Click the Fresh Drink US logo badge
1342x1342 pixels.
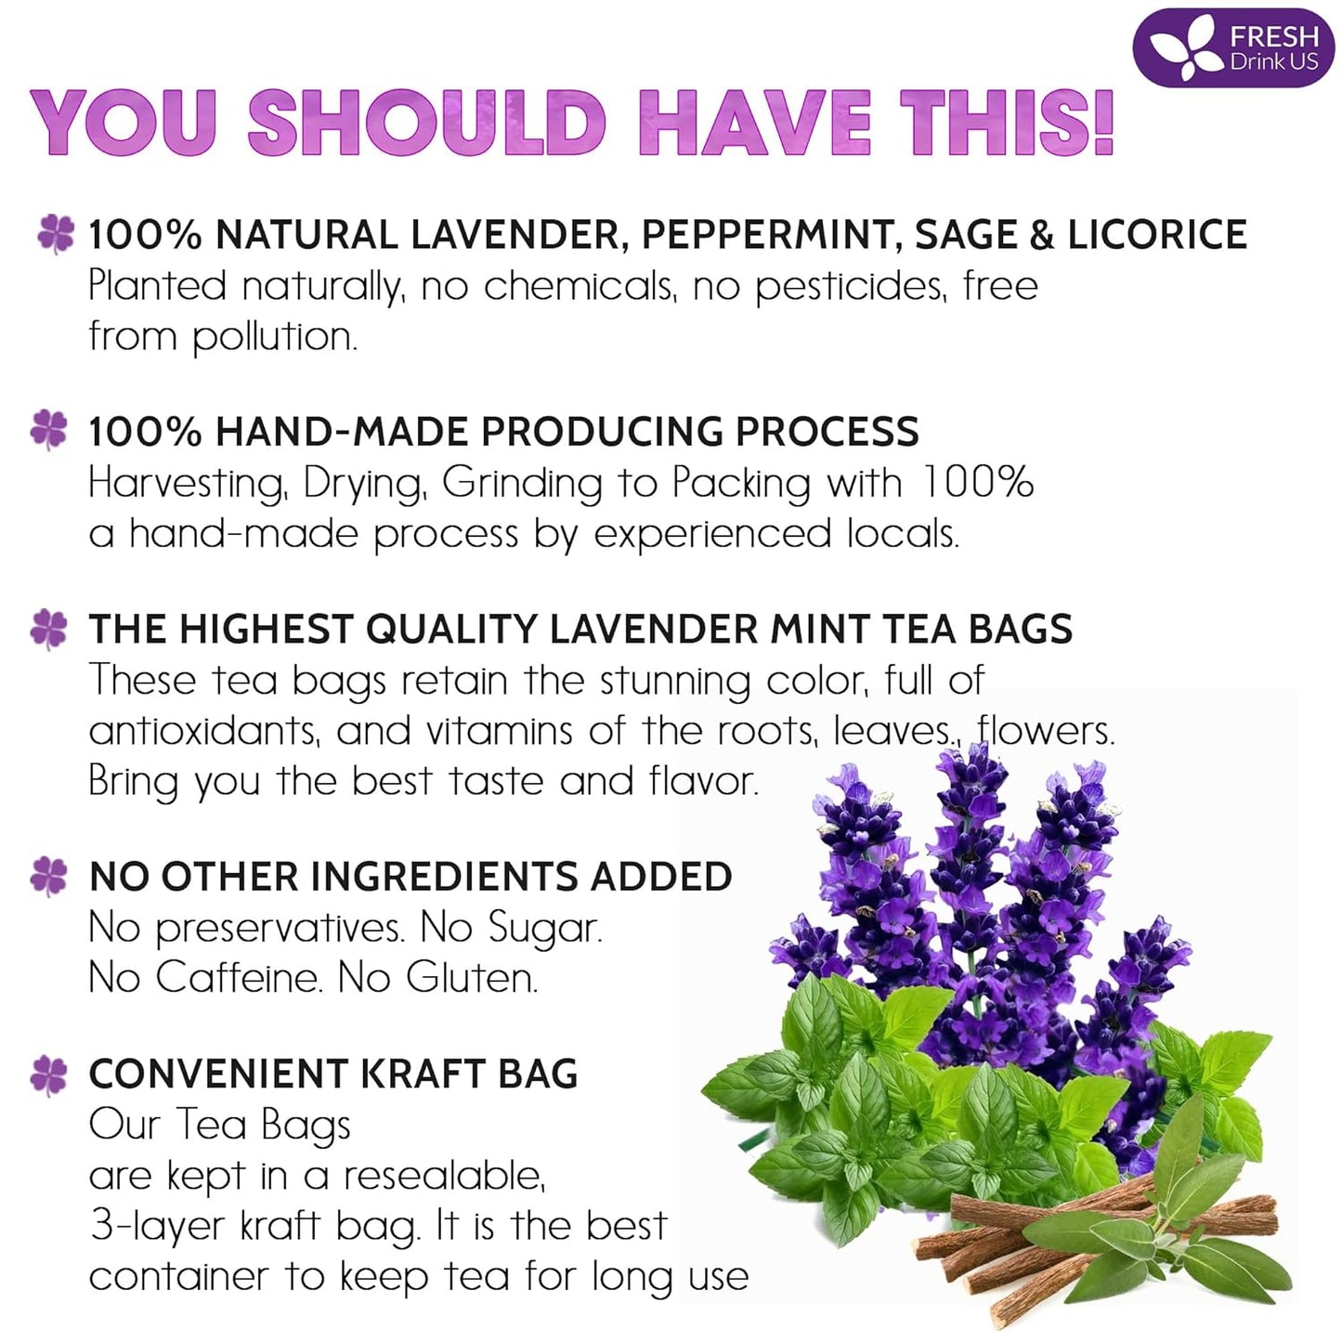tap(1232, 47)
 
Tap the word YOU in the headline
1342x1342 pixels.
tap(124, 124)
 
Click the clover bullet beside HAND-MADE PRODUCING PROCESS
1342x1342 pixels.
tap(49, 430)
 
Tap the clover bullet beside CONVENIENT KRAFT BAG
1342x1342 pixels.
tap(49, 1075)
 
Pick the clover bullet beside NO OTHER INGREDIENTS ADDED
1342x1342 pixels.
tap(49, 876)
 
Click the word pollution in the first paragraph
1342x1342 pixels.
tap(274, 337)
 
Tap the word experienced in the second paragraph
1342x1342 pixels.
tap(712, 535)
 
